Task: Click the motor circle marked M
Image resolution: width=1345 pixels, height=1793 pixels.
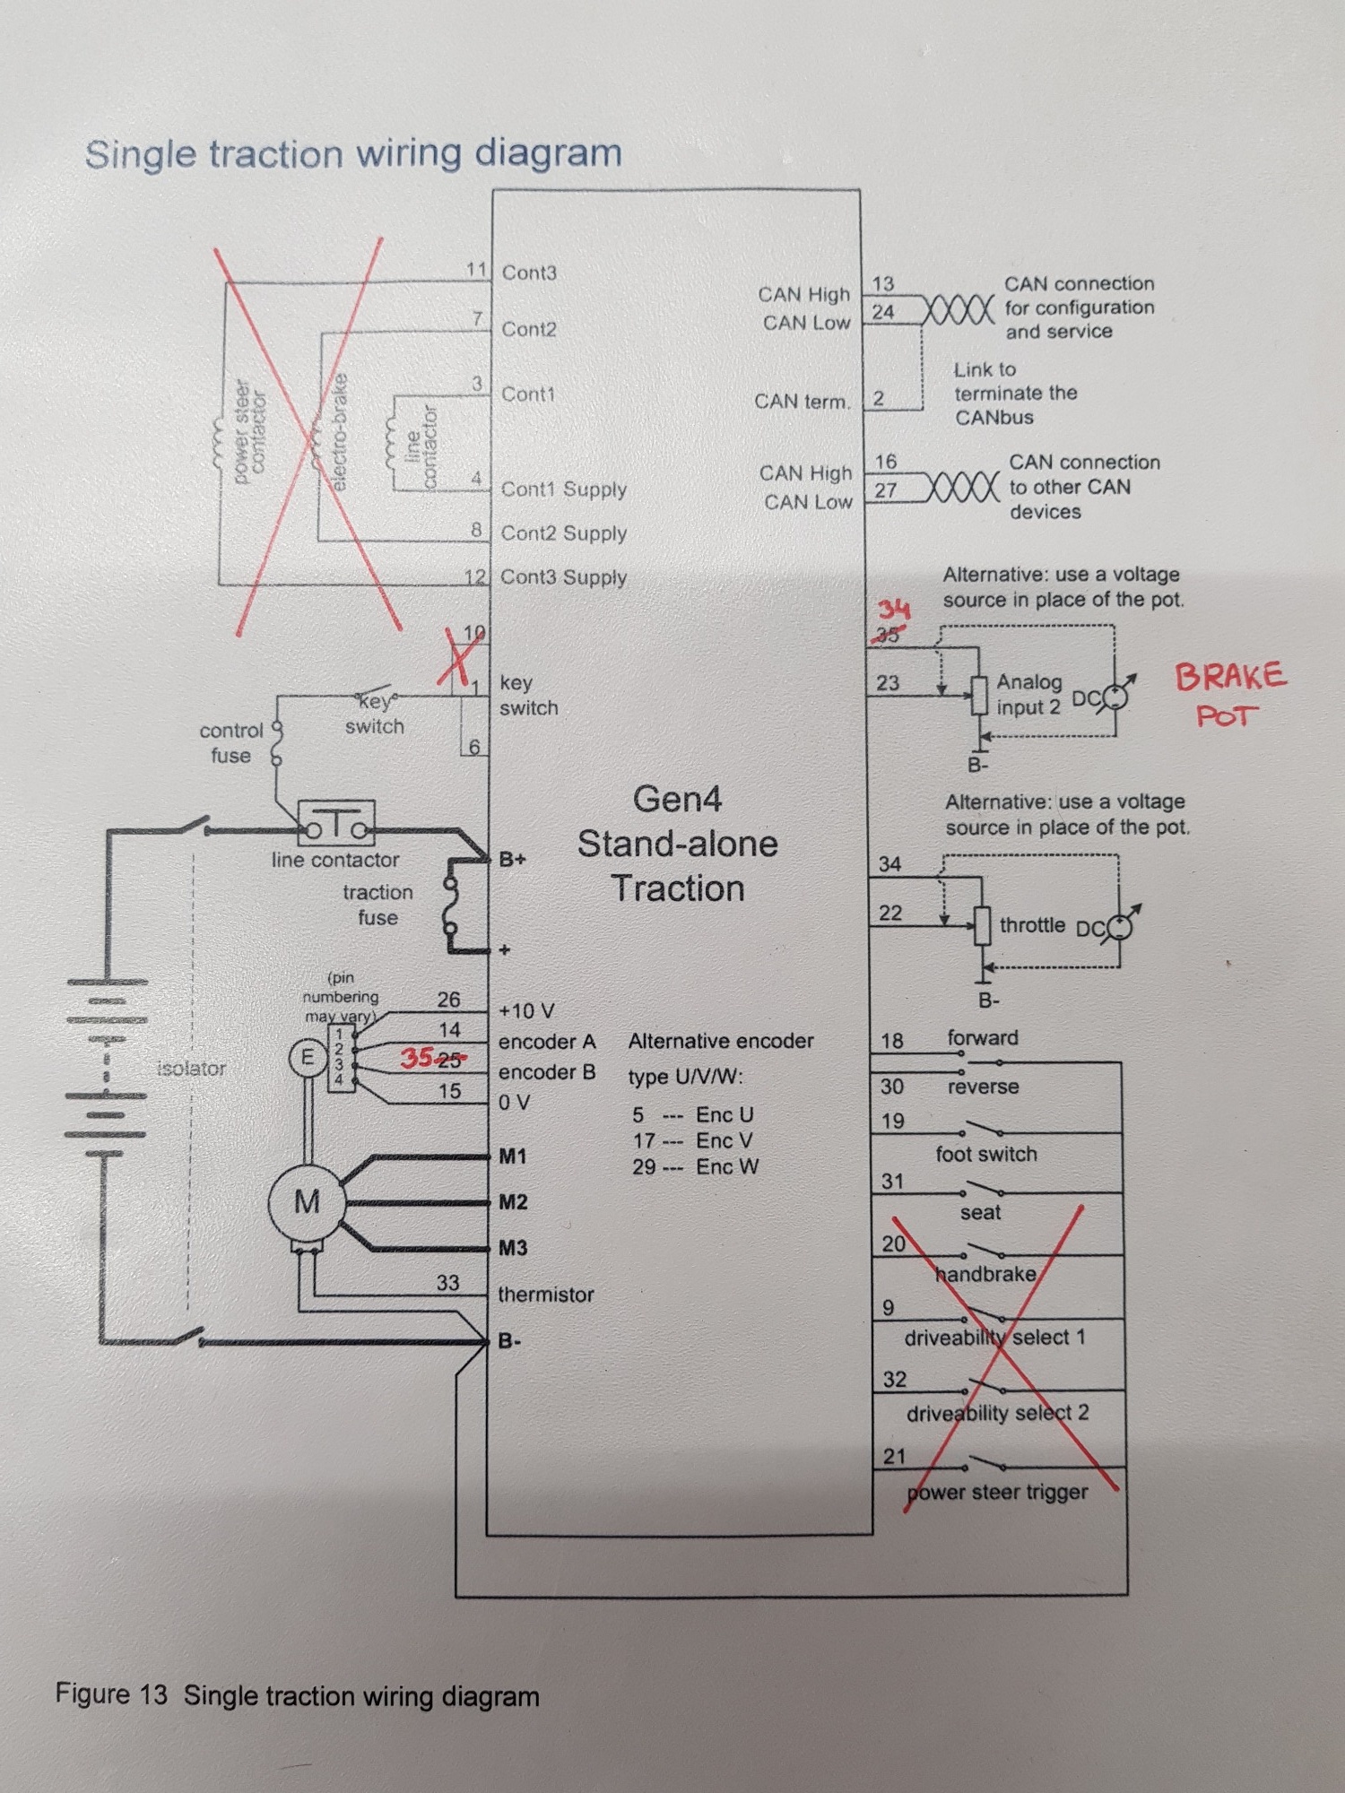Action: pyautogui.click(x=307, y=1202)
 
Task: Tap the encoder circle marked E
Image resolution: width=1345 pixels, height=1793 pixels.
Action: pyautogui.click(x=307, y=1058)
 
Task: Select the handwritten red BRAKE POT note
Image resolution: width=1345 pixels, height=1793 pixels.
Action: pyautogui.click(x=1230, y=694)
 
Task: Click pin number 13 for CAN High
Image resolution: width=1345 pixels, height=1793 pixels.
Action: pyautogui.click(x=883, y=284)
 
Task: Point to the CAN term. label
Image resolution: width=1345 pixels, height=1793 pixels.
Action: pyautogui.click(x=802, y=402)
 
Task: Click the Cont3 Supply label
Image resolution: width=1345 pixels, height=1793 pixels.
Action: pyautogui.click(x=563, y=577)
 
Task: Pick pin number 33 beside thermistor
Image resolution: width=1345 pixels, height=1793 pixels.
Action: pyautogui.click(x=447, y=1283)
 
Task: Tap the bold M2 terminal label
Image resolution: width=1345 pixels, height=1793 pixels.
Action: pyautogui.click(x=513, y=1202)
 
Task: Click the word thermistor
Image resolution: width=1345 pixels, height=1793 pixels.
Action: pyautogui.click(x=546, y=1295)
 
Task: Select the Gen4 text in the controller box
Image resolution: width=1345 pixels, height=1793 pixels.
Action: pyautogui.click(x=677, y=799)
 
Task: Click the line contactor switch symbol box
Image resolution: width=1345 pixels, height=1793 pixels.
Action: pyautogui.click(x=336, y=824)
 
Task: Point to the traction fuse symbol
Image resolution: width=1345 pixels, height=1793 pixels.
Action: pyautogui.click(x=451, y=905)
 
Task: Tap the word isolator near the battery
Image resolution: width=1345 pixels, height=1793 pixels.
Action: pyautogui.click(x=191, y=1069)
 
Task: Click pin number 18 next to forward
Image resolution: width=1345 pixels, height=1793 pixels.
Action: pyautogui.click(x=892, y=1041)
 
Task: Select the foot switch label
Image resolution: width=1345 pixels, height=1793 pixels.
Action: pyautogui.click(x=986, y=1154)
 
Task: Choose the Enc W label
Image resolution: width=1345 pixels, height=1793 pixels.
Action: pyautogui.click(x=726, y=1167)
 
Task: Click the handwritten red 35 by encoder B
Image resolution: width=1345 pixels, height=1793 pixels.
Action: pyautogui.click(x=418, y=1059)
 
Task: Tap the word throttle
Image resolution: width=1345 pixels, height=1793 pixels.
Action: pyautogui.click(x=1032, y=925)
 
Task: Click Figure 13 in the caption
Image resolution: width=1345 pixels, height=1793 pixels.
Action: pyautogui.click(x=111, y=1694)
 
